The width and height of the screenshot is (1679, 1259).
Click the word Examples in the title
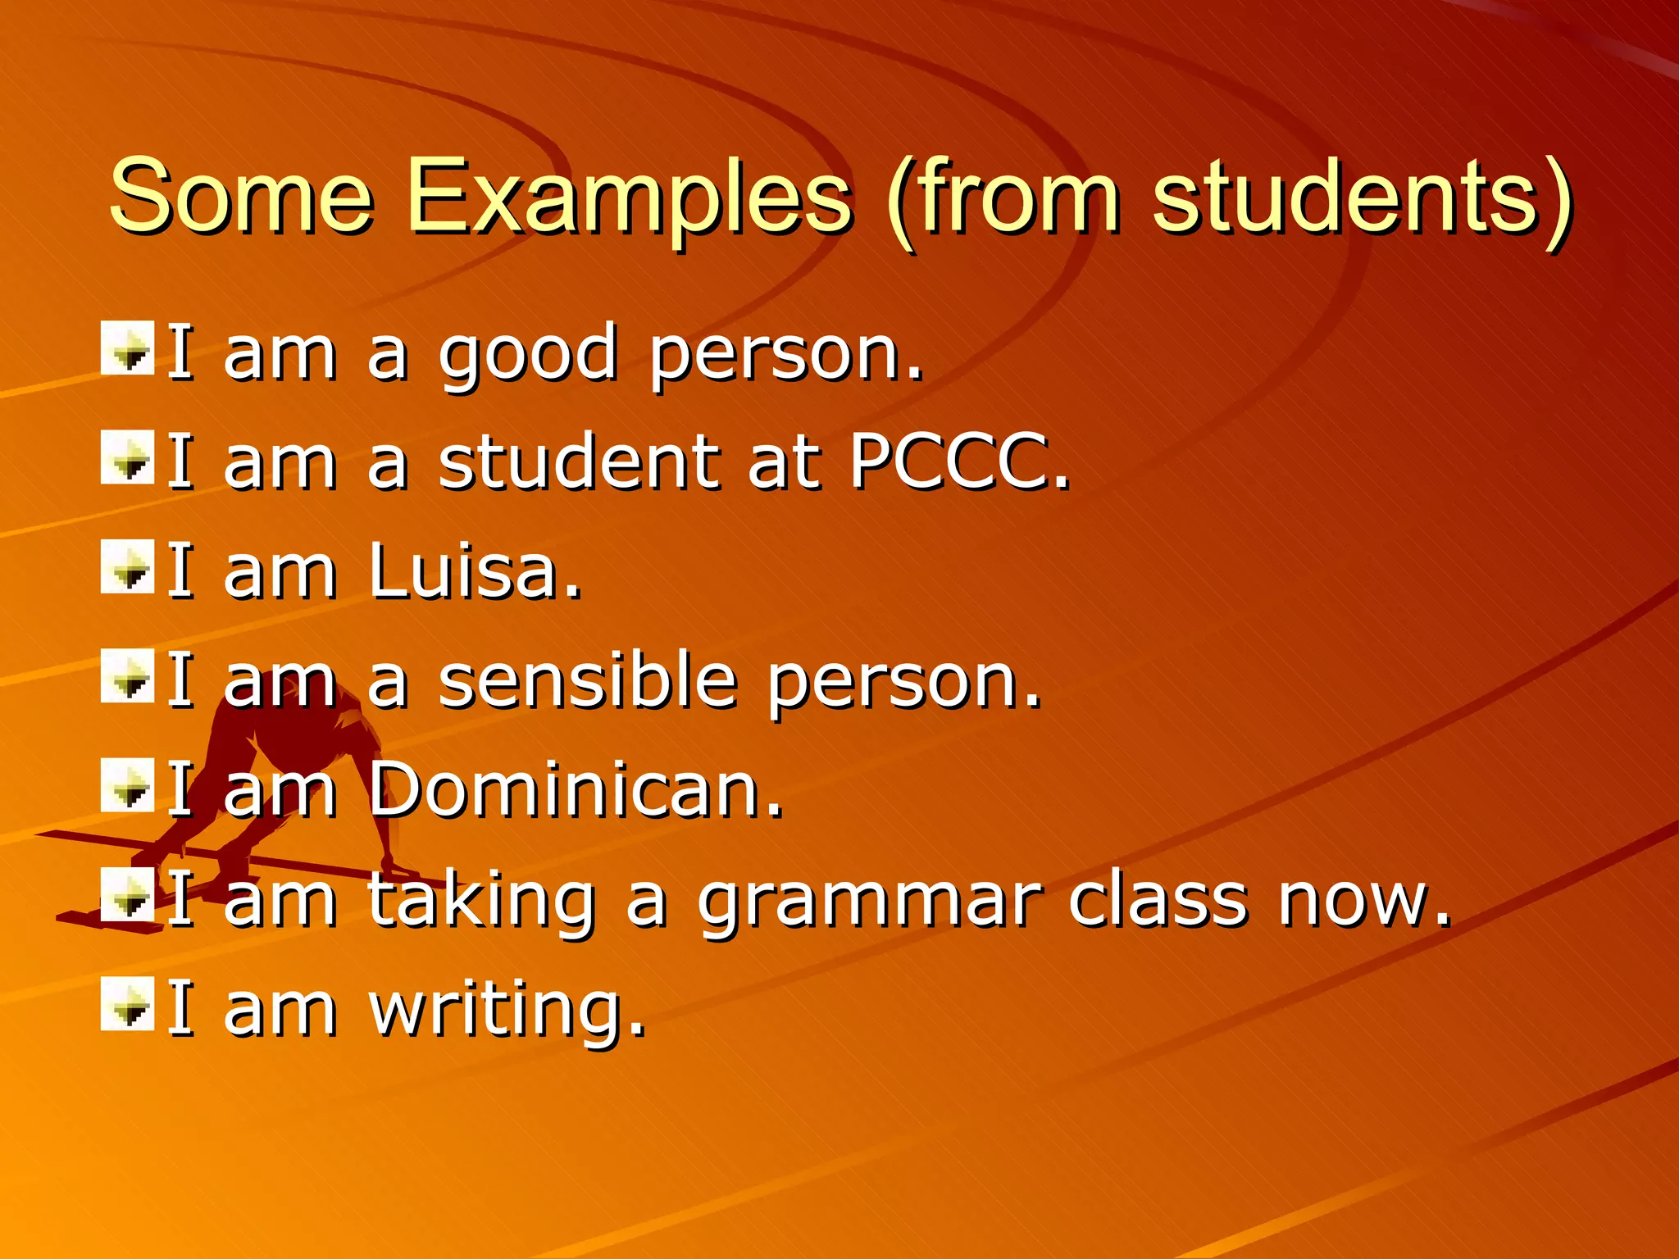point(629,198)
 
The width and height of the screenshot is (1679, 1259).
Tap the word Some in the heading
point(241,198)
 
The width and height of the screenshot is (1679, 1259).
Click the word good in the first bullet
point(528,354)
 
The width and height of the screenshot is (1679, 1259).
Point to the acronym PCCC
point(959,462)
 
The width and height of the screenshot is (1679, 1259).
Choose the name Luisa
point(475,571)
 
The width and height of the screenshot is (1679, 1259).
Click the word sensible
point(587,680)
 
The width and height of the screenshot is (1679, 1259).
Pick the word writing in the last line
point(507,1010)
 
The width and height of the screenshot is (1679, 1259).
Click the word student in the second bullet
point(578,462)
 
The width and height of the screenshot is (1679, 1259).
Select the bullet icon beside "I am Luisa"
point(128,566)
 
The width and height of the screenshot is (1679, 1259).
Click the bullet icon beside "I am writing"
point(128,1003)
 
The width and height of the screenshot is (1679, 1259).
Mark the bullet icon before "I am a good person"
point(128,348)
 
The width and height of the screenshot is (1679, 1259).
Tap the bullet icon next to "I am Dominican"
point(128,785)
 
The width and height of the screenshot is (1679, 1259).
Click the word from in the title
point(1017,198)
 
